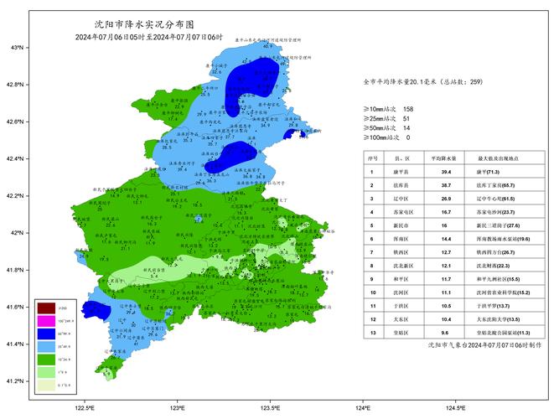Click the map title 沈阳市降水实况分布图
click(151, 26)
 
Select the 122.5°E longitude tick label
click(84, 408)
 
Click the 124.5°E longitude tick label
click(455, 408)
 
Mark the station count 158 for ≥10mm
click(408, 109)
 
